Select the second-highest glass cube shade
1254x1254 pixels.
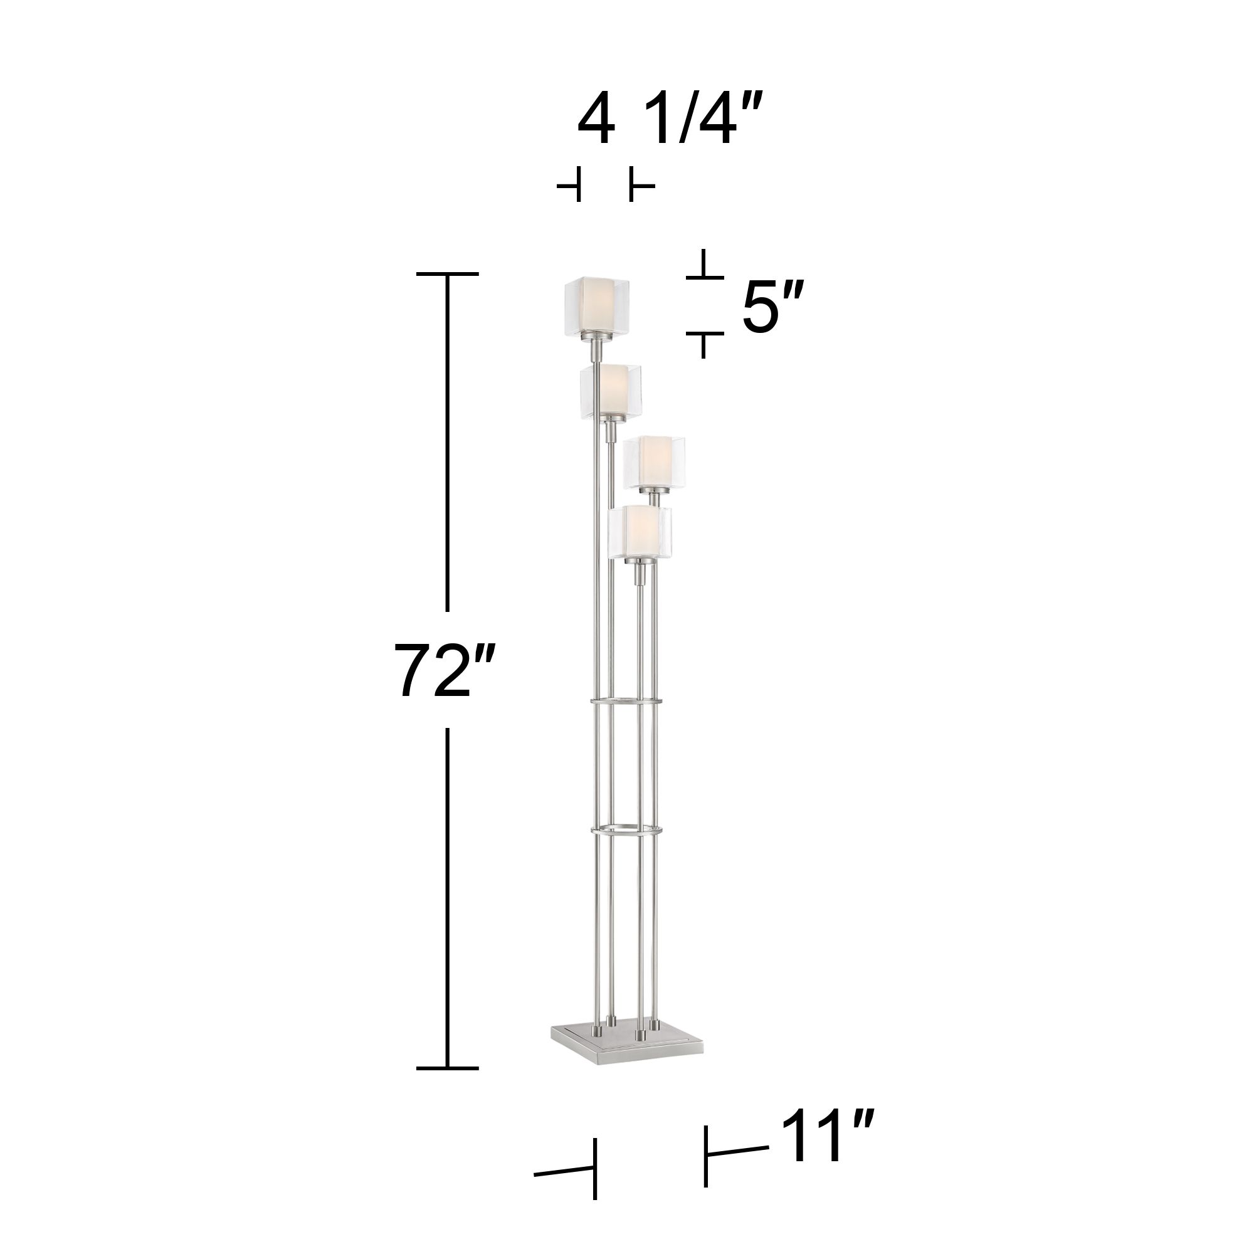click(x=610, y=391)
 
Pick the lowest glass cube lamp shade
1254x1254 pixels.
click(x=640, y=534)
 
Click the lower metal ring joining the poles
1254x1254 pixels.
click(x=626, y=830)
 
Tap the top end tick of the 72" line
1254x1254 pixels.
click(x=447, y=275)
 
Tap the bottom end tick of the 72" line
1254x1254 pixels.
click(x=447, y=1068)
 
